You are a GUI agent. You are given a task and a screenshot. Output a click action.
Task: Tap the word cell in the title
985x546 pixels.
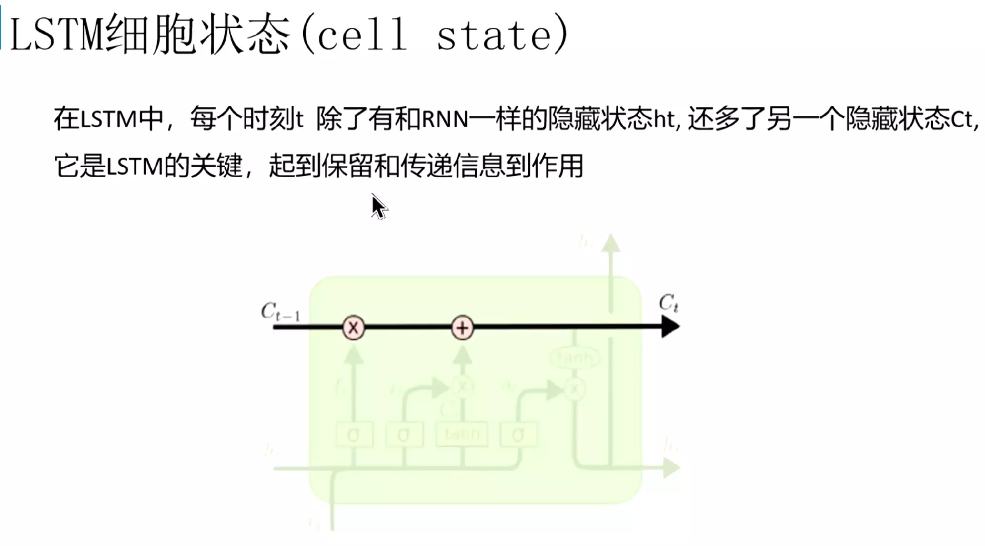pos(362,35)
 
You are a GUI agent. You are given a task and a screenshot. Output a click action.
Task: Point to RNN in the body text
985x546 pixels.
pos(445,119)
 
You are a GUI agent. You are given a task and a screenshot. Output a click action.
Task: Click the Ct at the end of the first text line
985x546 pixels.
pos(962,119)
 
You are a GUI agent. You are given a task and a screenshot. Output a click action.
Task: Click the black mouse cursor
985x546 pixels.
pos(379,207)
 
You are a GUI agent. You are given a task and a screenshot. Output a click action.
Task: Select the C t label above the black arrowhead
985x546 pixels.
pos(668,303)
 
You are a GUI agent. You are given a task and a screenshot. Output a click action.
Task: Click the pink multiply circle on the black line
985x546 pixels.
pos(353,327)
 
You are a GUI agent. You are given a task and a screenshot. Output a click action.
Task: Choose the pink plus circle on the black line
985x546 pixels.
pos(462,327)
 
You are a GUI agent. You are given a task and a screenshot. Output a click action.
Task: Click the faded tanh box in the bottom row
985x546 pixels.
pos(462,434)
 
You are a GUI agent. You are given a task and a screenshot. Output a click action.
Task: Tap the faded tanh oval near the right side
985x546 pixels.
pos(575,358)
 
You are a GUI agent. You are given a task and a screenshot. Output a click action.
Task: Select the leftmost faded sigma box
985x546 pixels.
pos(353,435)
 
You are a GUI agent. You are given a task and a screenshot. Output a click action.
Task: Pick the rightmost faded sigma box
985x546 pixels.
pos(518,435)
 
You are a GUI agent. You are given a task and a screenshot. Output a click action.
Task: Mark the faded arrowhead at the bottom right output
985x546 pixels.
pos(671,467)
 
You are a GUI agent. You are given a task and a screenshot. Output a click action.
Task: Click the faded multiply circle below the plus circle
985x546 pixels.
pos(462,387)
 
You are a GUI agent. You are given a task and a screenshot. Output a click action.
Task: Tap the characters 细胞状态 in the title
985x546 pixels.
pos(198,35)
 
